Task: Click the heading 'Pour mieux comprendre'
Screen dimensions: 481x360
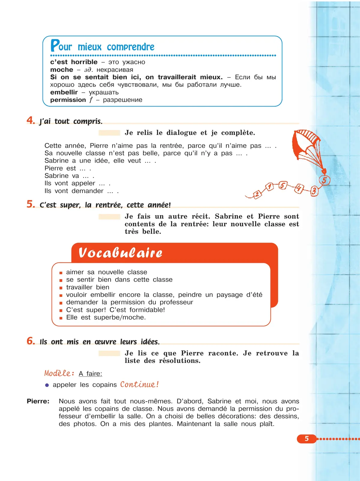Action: (102, 46)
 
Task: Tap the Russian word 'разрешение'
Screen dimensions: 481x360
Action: (122, 100)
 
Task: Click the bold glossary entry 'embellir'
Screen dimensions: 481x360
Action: (64, 92)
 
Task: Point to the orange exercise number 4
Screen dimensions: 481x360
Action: (30, 120)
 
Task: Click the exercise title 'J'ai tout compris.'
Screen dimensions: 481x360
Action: (71, 121)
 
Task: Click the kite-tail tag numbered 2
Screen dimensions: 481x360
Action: (257, 195)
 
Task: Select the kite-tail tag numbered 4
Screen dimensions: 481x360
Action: (298, 188)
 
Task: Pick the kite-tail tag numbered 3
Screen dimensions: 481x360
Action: (314, 191)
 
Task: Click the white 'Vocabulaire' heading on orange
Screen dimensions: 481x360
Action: (120, 253)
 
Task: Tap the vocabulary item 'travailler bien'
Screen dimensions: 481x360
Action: (88, 287)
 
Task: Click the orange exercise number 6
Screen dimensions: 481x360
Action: (30, 341)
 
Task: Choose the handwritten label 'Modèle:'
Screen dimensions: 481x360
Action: (59, 373)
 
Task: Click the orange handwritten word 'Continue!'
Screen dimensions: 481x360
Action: (139, 384)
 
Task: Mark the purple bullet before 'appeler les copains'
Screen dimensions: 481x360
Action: (47, 385)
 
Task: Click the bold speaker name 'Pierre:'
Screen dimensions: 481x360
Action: (38, 401)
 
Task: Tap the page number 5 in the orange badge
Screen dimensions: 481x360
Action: (307, 439)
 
